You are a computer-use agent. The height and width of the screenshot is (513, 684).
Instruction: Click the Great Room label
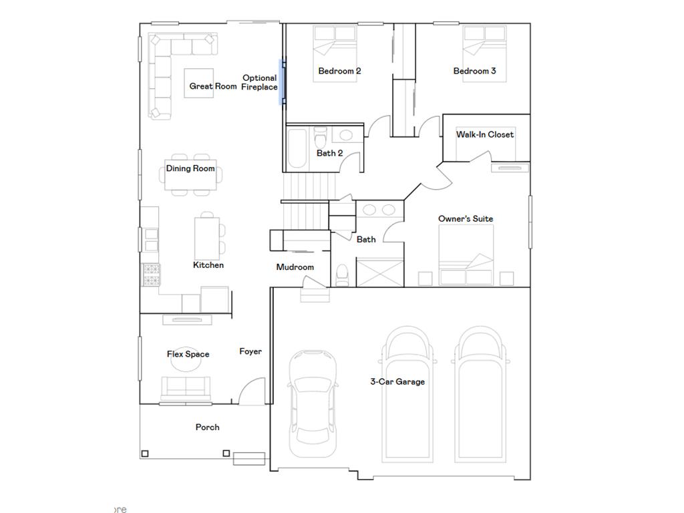tap(212, 86)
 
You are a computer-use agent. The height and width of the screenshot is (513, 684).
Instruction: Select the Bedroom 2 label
tap(339, 71)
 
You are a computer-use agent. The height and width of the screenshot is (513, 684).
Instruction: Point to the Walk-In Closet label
tap(485, 134)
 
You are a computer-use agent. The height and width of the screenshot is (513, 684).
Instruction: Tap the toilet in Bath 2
tap(321, 139)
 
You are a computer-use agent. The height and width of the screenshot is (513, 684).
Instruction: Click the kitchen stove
tap(151, 275)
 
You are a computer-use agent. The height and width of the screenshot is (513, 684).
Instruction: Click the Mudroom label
tap(295, 267)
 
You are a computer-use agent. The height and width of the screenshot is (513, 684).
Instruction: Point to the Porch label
tap(207, 427)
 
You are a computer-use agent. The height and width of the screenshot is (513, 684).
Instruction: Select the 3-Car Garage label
tap(397, 381)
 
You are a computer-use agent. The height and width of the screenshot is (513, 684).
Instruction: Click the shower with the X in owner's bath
tap(379, 273)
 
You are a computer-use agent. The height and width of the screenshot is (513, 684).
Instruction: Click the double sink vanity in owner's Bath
tap(379, 210)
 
